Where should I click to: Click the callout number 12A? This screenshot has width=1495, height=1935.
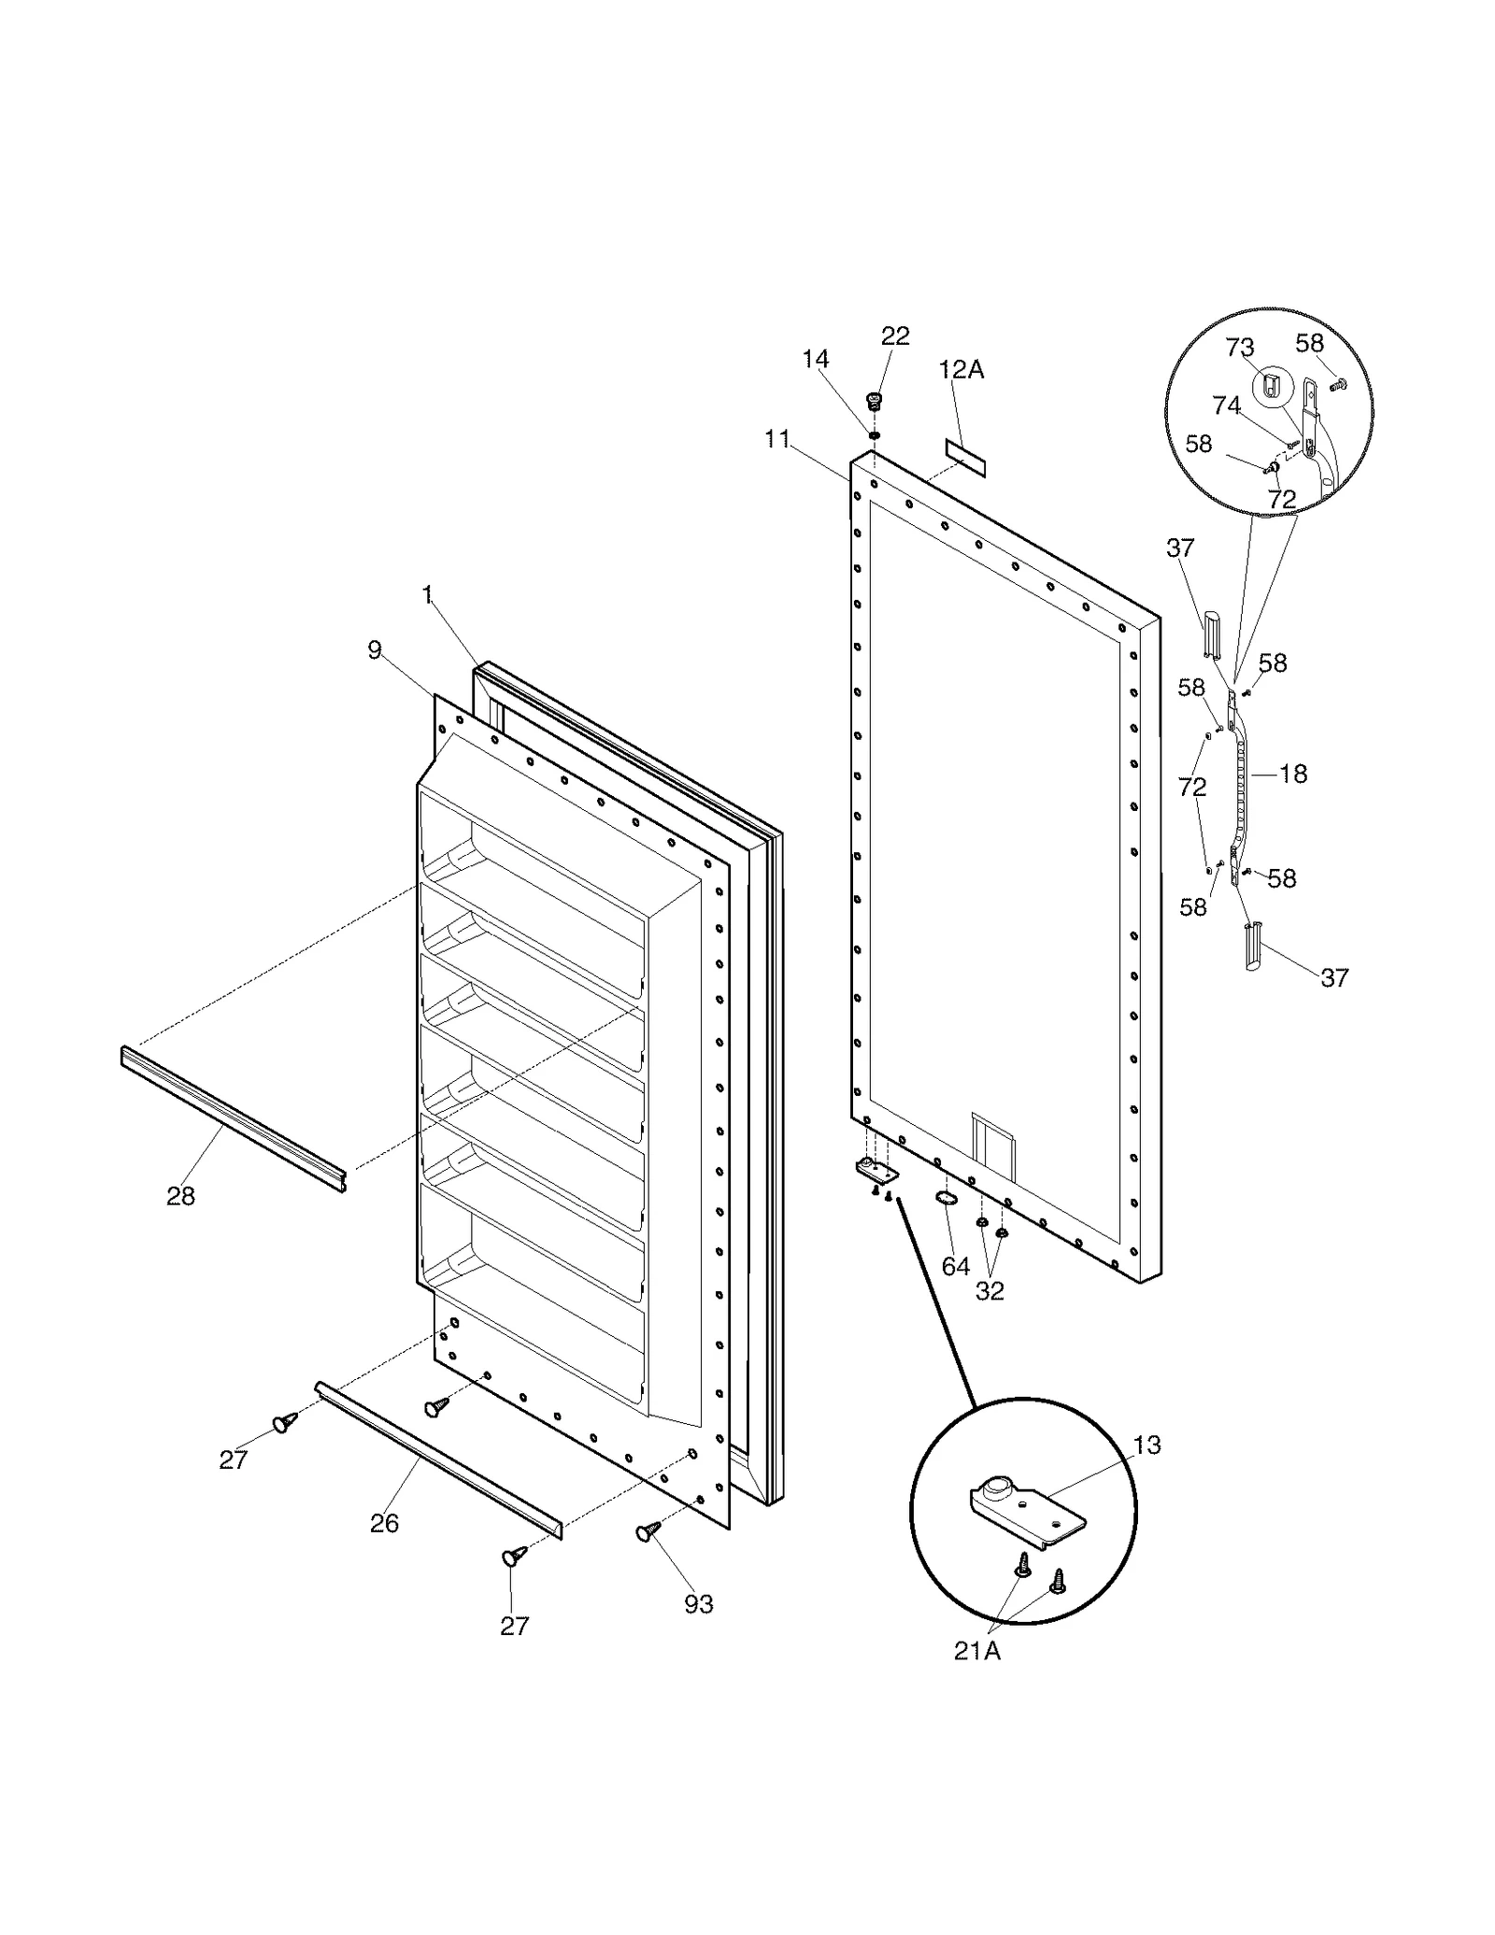click(961, 370)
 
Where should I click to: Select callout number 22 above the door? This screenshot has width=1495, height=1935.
click(895, 336)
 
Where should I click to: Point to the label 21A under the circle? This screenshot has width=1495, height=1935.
click(976, 1651)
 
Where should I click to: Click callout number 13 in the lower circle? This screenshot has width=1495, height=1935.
click(1146, 1444)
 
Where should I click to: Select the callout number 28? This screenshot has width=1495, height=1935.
click(180, 1196)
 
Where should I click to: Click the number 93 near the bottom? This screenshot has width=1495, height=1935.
click(698, 1603)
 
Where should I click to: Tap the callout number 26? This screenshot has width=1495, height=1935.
click(384, 1523)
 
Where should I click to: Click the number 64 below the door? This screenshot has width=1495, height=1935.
click(955, 1266)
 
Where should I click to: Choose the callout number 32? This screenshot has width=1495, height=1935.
click(990, 1290)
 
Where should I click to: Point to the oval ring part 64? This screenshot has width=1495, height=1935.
click(947, 1199)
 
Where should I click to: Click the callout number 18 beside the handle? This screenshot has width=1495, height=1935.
click(1293, 774)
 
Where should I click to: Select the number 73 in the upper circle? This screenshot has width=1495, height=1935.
click(1239, 348)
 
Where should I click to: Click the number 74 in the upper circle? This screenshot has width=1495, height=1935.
click(1226, 405)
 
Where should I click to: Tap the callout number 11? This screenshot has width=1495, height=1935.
click(776, 439)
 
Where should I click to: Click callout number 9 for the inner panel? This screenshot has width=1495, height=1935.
click(375, 650)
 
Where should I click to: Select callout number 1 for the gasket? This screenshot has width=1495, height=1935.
click(427, 595)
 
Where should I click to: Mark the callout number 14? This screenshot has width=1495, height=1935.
click(815, 360)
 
